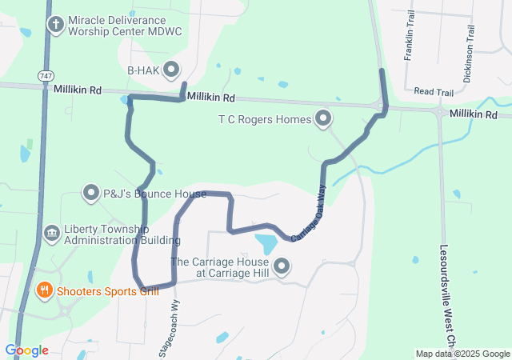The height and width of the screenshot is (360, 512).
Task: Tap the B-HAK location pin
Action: (171, 70)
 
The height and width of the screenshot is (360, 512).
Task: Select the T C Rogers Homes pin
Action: (323, 119)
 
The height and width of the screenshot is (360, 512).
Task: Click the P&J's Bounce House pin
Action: (90, 192)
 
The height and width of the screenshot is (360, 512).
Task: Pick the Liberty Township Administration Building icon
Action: (51, 234)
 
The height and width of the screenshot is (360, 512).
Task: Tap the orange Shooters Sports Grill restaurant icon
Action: (45, 290)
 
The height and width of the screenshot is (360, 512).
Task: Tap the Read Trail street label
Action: (434, 93)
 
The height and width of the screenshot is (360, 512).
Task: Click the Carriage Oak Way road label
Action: (309, 213)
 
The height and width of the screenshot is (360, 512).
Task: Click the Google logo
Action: (26, 350)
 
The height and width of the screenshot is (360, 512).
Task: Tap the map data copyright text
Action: (462, 354)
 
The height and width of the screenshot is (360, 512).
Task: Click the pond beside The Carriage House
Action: (266, 242)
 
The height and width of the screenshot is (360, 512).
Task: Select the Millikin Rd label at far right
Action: (473, 115)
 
